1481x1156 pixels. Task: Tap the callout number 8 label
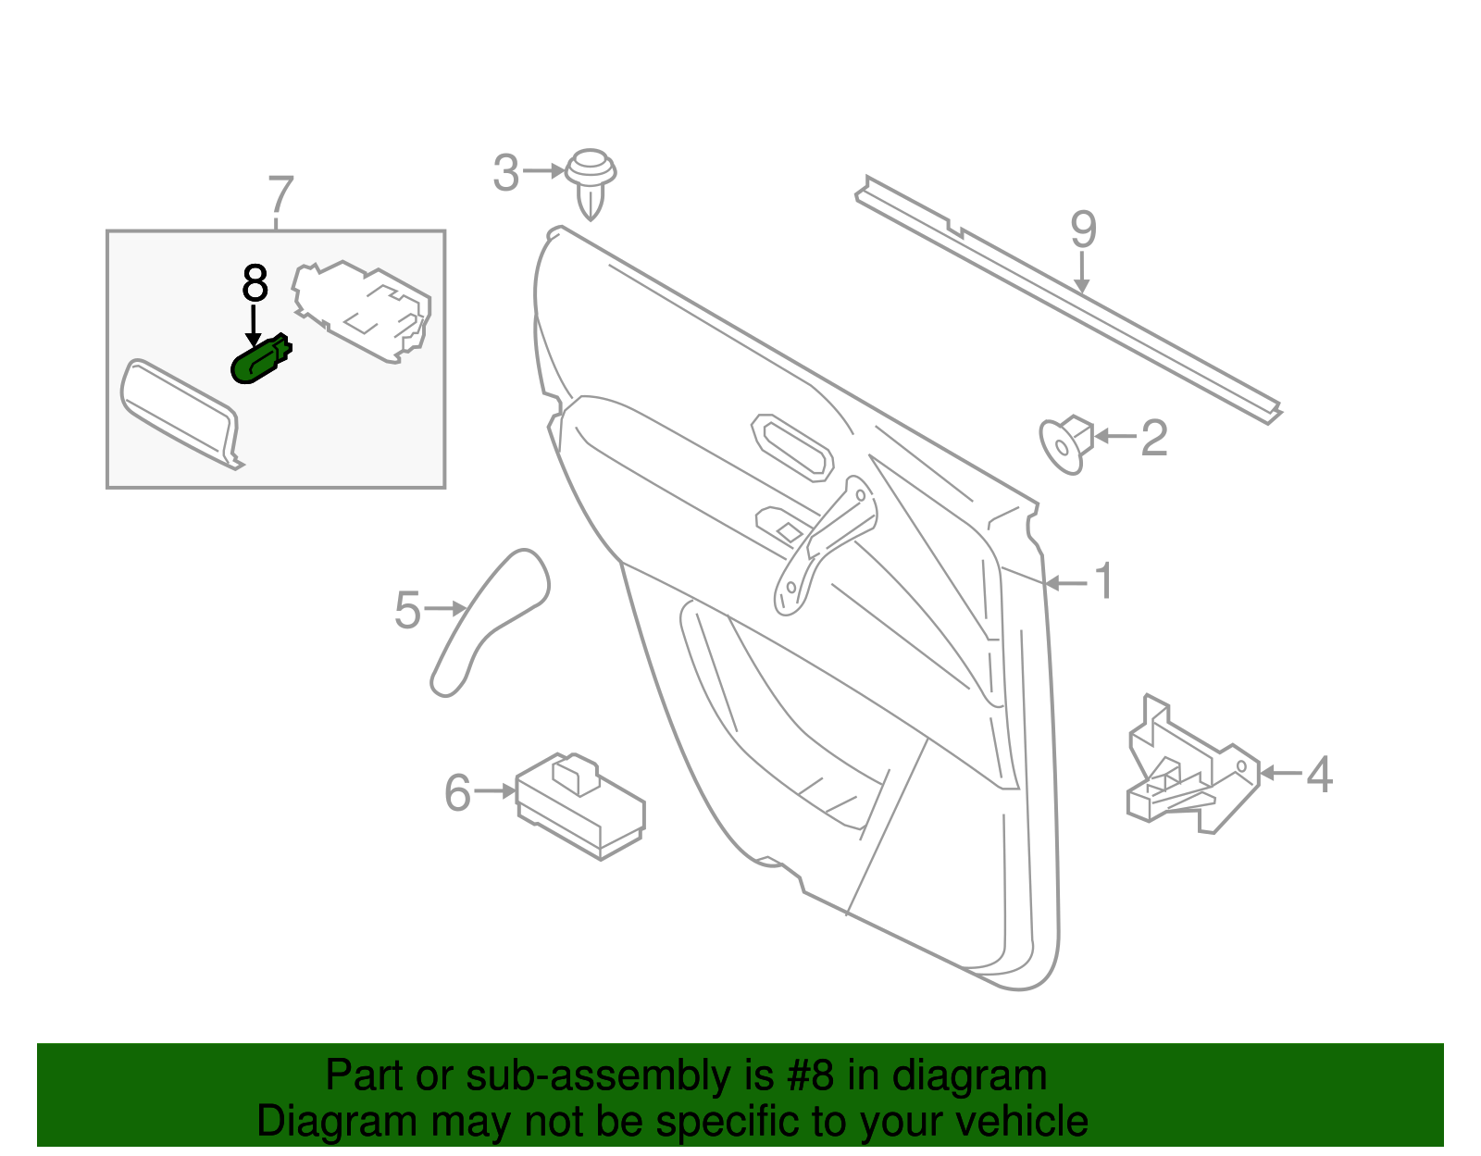click(255, 284)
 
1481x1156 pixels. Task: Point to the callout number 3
click(505, 173)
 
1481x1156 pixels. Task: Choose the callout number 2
click(1153, 437)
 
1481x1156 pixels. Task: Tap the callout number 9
click(1083, 230)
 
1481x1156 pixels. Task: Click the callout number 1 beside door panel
click(1103, 581)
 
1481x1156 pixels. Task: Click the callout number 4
click(1319, 774)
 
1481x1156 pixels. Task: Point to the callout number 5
click(407, 611)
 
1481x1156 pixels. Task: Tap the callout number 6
click(457, 793)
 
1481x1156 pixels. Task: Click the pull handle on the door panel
click(824, 546)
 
